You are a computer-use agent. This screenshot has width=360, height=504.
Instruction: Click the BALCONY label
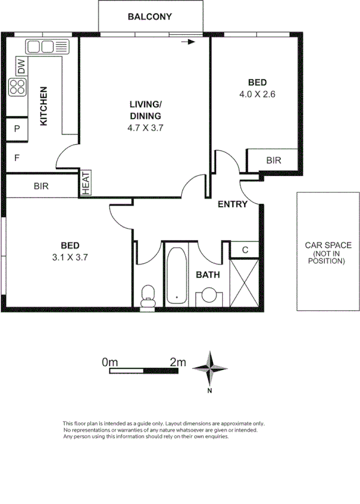[x=149, y=17]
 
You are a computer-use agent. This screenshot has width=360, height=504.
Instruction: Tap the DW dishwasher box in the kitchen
[x=21, y=66]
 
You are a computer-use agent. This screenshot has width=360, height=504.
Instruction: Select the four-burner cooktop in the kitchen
[x=18, y=87]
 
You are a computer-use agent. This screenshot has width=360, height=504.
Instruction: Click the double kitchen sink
[x=47, y=46]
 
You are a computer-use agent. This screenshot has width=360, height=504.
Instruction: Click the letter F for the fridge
[x=17, y=158]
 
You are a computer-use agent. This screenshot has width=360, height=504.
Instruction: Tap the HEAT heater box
[x=86, y=183]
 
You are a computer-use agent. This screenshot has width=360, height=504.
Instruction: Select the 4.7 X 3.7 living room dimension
[x=145, y=127]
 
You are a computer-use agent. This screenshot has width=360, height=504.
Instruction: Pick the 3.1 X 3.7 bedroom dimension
[x=69, y=256]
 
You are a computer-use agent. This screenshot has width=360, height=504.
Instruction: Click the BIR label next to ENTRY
[x=274, y=160]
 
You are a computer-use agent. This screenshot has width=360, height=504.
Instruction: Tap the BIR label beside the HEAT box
[x=41, y=186]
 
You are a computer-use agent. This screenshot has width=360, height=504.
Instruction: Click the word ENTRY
[x=232, y=205]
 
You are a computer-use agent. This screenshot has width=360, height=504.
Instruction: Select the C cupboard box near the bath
[x=244, y=249]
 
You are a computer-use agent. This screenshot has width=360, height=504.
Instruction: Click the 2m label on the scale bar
[x=177, y=363]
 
